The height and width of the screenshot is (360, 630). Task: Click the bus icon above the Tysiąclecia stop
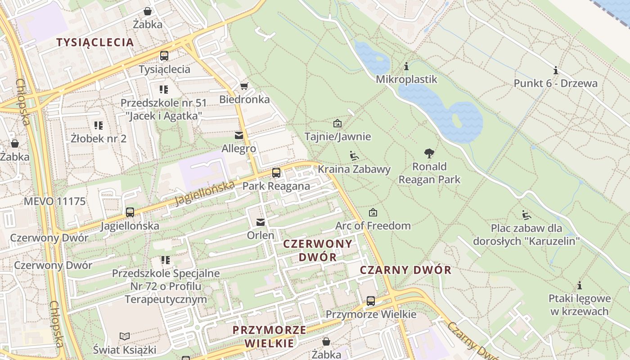(164, 56)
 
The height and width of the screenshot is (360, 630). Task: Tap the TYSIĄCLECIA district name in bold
(95, 42)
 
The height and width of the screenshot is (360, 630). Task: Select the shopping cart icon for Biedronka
(244, 86)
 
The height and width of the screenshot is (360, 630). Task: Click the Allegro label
(239, 148)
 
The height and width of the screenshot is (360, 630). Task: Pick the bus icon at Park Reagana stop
(276, 173)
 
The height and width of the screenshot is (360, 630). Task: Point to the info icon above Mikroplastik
(406, 67)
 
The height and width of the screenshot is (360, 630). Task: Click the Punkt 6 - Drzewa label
(556, 83)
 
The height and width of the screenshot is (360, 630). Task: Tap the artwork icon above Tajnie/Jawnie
(337, 123)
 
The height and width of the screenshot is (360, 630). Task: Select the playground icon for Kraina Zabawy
(354, 156)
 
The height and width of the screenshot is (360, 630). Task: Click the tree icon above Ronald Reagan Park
(429, 153)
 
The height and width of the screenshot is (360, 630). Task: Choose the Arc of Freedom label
(373, 225)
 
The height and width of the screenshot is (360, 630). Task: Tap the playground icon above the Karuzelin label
(526, 215)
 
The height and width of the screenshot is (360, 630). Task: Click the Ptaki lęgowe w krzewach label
(580, 305)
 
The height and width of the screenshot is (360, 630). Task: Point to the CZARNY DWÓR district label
(405, 270)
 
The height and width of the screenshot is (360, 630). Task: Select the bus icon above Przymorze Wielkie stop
(371, 301)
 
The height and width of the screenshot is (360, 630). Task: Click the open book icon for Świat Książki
(125, 336)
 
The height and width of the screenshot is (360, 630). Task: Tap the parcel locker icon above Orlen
(261, 222)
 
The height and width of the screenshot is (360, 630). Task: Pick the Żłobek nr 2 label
(99, 139)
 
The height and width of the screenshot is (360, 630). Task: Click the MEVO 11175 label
(54, 201)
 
